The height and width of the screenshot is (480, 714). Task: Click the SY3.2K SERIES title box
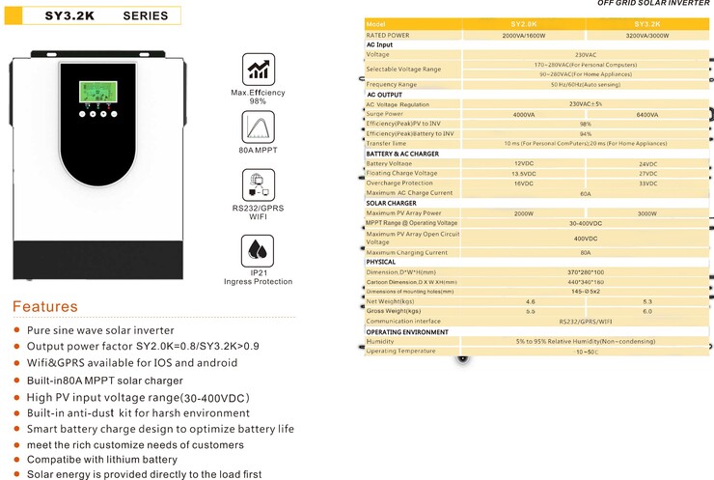pyautogui.click(x=95, y=15)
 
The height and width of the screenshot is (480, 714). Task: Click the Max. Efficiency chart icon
pyautogui.click(x=258, y=70)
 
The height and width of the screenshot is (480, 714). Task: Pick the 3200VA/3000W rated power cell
pyautogui.click(x=646, y=35)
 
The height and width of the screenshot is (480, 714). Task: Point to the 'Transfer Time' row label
pyautogui.click(x=387, y=143)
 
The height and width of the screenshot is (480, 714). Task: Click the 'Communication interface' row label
pyautogui.click(x=410, y=322)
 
